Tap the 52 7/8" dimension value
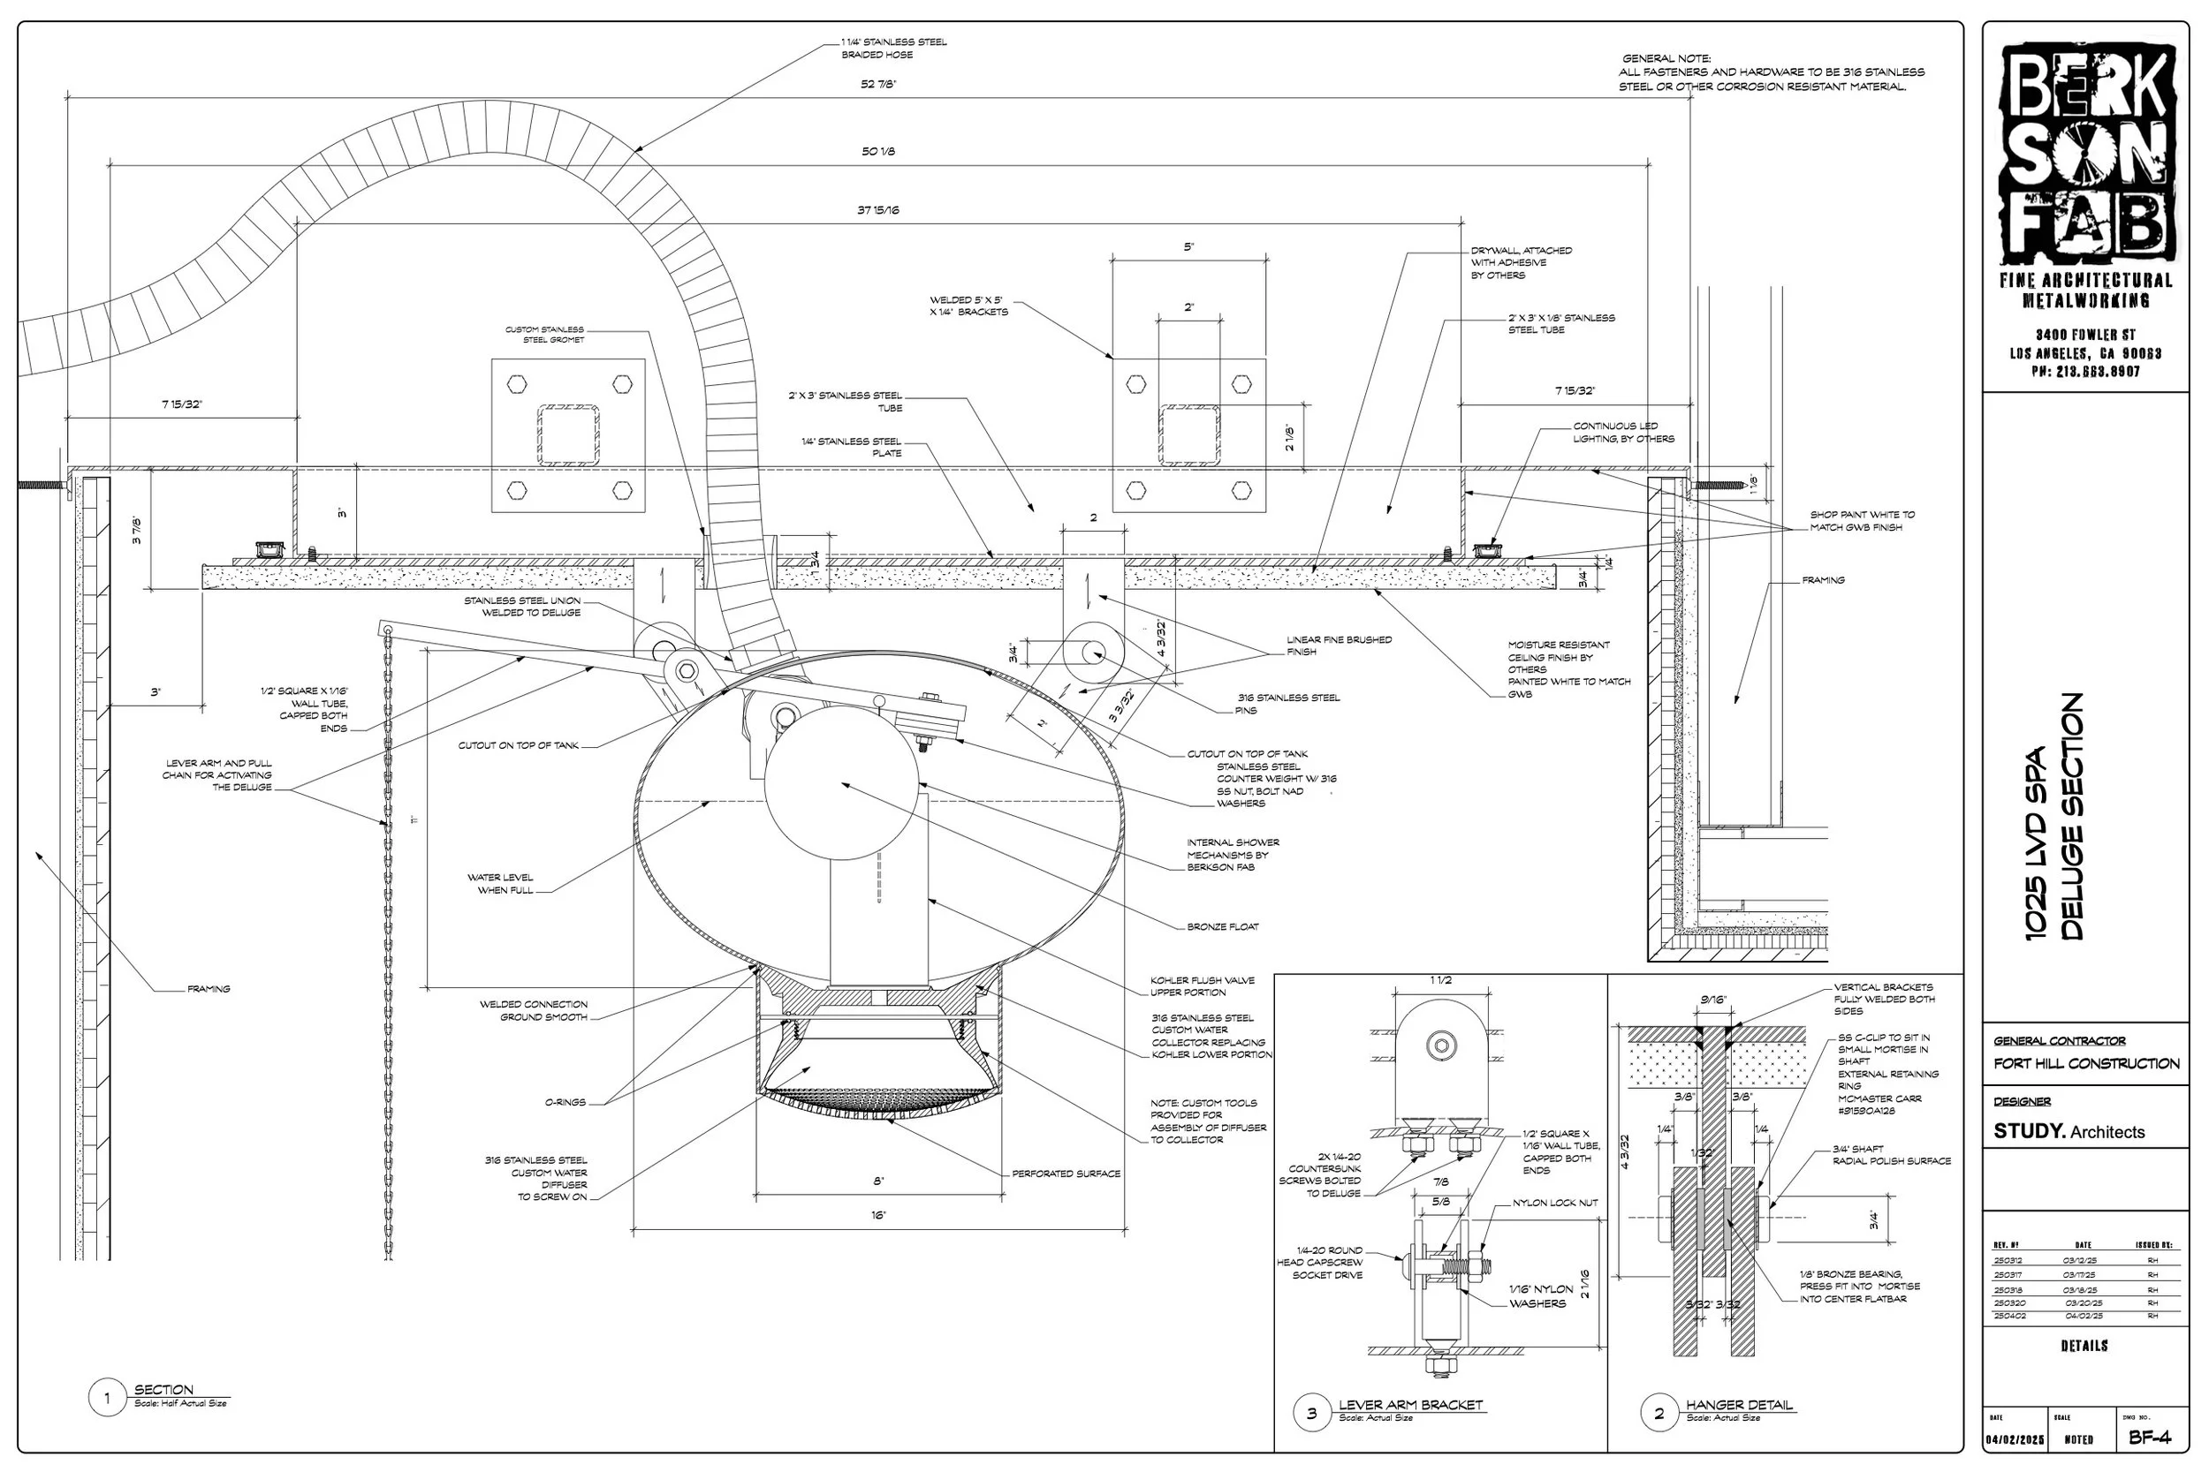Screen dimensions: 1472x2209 [x=878, y=85]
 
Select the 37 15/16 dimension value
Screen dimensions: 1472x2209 [x=878, y=210]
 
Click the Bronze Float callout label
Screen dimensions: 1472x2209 [x=1222, y=927]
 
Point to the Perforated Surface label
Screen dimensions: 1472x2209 [x=1066, y=1174]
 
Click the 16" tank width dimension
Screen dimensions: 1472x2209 [x=878, y=1216]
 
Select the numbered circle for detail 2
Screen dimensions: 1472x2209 [x=1659, y=1414]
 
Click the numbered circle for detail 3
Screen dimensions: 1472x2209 [x=1311, y=1414]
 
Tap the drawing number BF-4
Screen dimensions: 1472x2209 [x=2150, y=1438]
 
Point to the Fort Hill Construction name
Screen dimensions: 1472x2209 [x=2086, y=1064]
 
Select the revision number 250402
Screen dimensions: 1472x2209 [x=2009, y=1317]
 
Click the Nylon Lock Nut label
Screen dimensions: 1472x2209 [x=1554, y=1204]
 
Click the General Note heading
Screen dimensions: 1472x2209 [x=1666, y=59]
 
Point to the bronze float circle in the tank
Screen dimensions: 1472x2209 [x=841, y=783]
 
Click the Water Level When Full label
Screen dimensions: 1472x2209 [x=501, y=884]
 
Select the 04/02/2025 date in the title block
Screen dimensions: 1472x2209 [x=2014, y=1440]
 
